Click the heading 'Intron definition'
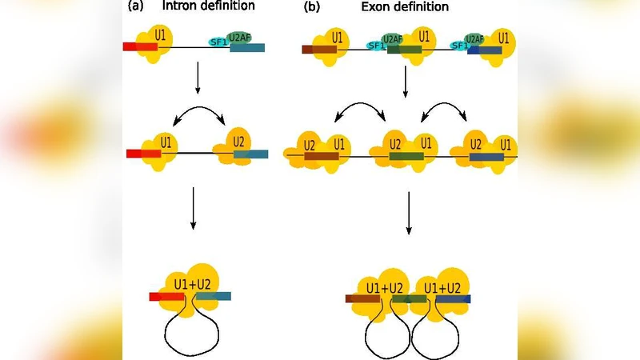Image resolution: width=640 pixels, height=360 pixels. (x=209, y=7)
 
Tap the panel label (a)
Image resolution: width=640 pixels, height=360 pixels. (x=134, y=7)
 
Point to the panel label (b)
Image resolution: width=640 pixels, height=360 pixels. (x=311, y=7)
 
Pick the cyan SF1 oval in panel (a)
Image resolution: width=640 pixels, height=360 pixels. (x=217, y=42)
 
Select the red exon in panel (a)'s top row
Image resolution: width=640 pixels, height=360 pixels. (x=139, y=47)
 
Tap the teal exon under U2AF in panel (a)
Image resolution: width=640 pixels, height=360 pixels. (x=247, y=48)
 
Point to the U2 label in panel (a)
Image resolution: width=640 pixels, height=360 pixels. (x=238, y=142)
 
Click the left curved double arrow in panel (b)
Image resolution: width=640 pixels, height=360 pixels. (x=360, y=110)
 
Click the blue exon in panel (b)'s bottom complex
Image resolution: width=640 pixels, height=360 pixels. (x=453, y=299)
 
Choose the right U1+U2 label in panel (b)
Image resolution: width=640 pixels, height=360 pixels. (x=442, y=287)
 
